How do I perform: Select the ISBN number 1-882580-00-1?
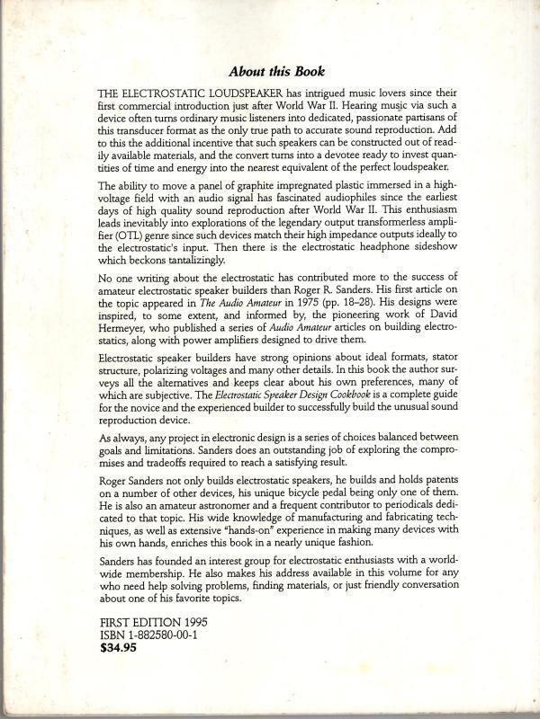click(145, 631)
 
